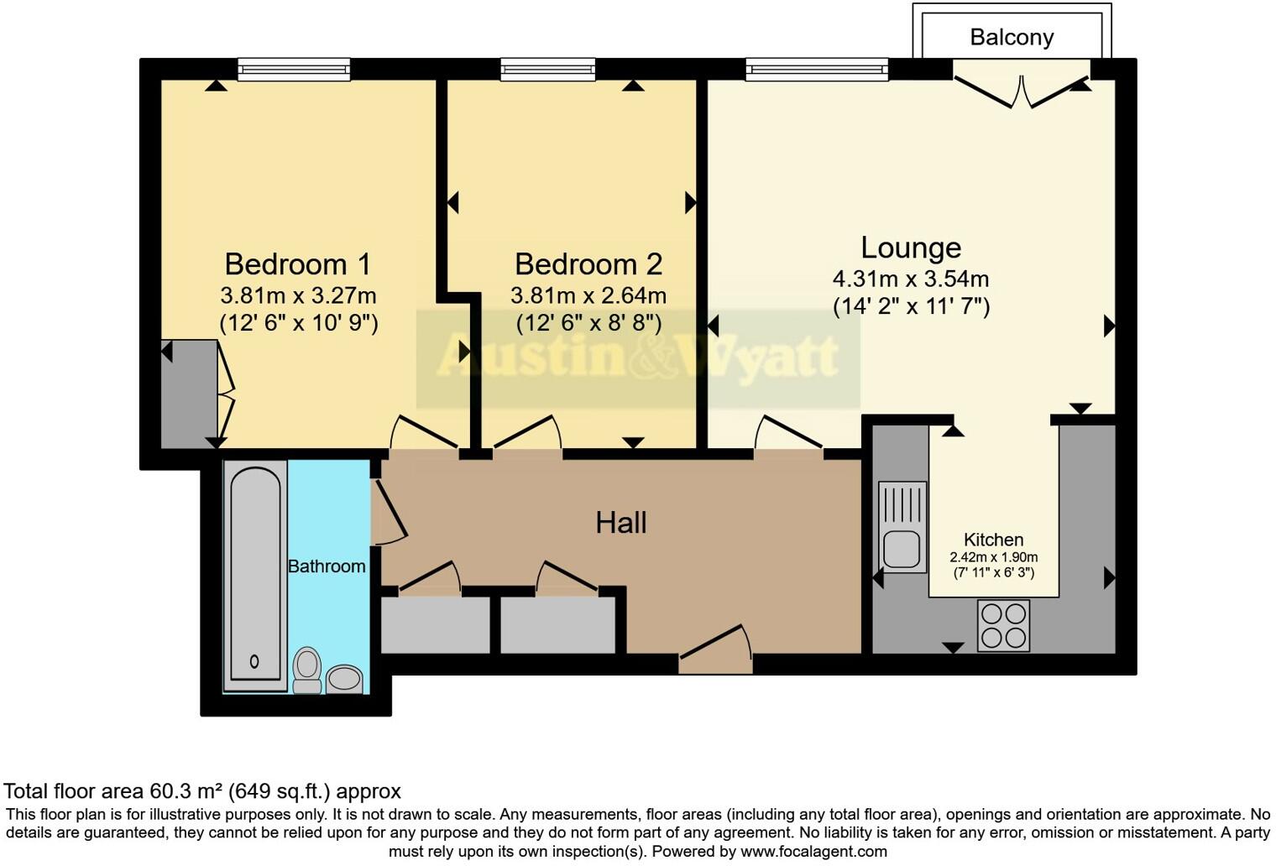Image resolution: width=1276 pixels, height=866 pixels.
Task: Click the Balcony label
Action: (x=1011, y=37)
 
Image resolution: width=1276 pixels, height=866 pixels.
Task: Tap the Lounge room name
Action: (x=911, y=248)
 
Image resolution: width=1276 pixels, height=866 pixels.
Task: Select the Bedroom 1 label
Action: (x=297, y=264)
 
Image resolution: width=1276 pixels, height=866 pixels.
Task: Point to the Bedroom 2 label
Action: (x=588, y=264)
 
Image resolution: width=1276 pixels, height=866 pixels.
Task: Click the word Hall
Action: (x=620, y=523)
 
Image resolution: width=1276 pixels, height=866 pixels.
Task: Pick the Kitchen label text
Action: (x=993, y=540)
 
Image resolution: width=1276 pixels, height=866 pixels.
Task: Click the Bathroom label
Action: (x=327, y=566)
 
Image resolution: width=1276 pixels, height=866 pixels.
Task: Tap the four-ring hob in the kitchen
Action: (x=1003, y=625)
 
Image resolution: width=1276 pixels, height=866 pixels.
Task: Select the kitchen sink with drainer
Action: (x=902, y=527)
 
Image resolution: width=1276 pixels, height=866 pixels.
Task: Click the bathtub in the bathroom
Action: (x=255, y=575)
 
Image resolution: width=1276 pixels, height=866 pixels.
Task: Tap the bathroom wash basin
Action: (x=343, y=678)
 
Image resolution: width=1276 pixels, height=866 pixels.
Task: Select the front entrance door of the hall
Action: (x=715, y=650)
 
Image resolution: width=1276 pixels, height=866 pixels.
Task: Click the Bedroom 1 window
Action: (x=294, y=69)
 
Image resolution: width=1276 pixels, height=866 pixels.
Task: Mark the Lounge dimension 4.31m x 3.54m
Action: (x=911, y=279)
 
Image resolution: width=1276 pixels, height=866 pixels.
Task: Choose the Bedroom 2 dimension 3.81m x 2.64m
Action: (x=588, y=295)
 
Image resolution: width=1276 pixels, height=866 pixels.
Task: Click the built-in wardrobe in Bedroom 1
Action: (x=190, y=394)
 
